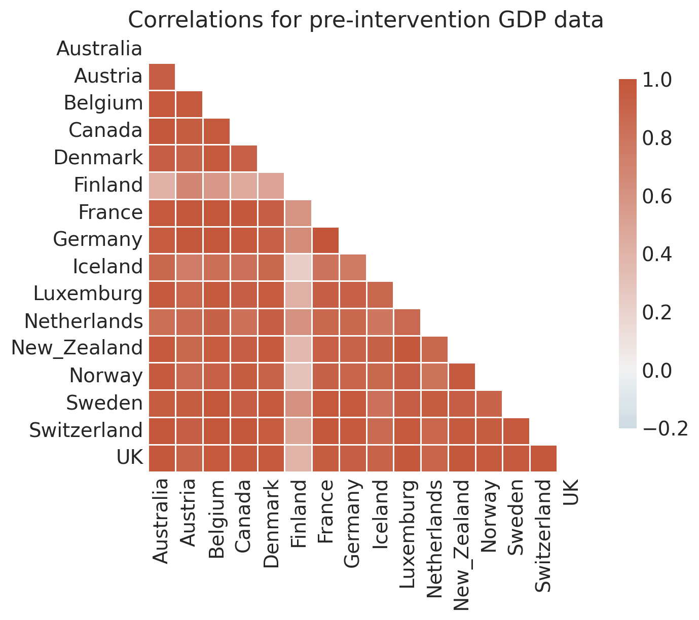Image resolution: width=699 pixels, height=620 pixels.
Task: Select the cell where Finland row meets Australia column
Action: (162, 186)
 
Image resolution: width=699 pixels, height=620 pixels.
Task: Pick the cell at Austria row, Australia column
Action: (162, 77)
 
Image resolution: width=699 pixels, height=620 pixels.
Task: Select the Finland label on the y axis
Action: (108, 185)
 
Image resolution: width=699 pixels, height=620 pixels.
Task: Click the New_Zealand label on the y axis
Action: (77, 348)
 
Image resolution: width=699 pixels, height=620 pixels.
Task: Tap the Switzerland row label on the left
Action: (86, 430)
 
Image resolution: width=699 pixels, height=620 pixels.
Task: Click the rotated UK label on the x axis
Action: (570, 492)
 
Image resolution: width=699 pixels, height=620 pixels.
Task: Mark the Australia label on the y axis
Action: (99, 49)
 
